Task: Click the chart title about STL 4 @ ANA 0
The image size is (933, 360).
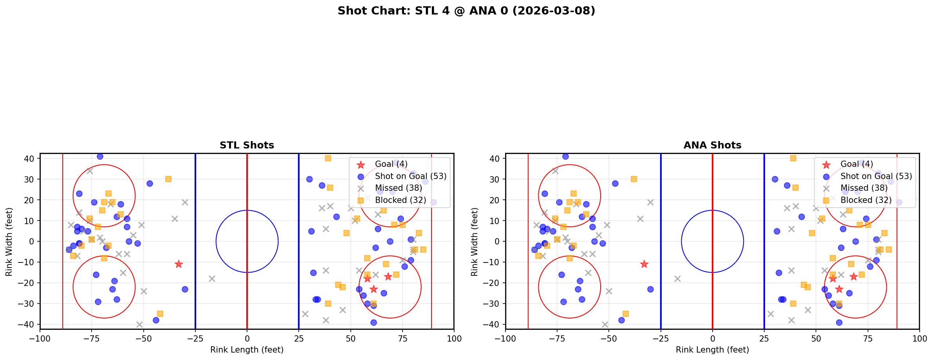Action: coord(466,11)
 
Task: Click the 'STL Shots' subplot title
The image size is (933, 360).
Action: coord(247,145)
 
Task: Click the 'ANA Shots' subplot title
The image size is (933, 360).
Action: coord(712,145)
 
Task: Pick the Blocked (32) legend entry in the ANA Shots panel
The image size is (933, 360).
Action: coord(866,200)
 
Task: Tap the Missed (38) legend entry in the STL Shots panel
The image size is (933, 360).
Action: coord(398,188)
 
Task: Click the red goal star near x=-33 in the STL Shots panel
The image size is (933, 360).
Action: coord(179,264)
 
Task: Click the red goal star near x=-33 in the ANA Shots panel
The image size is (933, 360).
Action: coord(644,264)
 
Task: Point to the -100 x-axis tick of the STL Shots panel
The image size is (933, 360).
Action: coord(40,338)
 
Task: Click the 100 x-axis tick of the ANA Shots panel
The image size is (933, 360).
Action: coord(919,338)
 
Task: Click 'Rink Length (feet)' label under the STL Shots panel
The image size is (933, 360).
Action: coord(247,350)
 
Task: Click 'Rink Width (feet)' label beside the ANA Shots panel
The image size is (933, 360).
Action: coord(475,242)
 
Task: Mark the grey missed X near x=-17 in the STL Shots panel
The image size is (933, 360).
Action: coord(212,279)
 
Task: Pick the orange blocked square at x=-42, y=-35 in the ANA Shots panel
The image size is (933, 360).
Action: coord(626,314)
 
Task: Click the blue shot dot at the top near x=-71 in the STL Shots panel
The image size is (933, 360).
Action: coord(100,156)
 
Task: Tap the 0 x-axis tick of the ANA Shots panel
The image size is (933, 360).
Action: coord(712,338)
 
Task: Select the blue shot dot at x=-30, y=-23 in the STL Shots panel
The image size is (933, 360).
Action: coord(185,289)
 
